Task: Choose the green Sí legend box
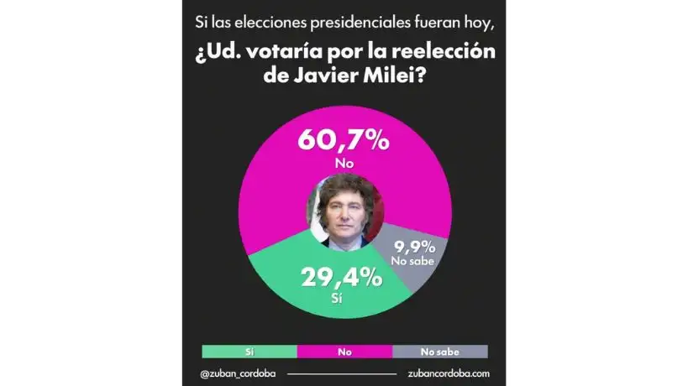coord(249,352)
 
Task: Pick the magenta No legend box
coord(344,352)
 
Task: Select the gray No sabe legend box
coord(440,352)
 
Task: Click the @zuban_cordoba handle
coord(239,373)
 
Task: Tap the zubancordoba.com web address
coord(447,373)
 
